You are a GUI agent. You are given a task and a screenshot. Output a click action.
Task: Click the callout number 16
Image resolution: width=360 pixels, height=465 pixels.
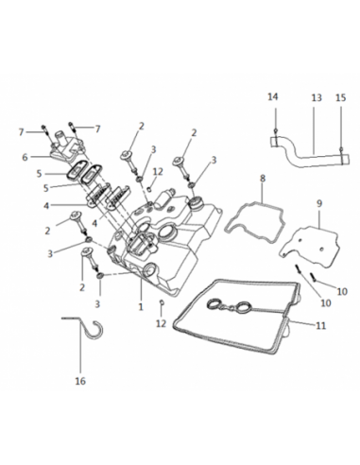tap(80, 381)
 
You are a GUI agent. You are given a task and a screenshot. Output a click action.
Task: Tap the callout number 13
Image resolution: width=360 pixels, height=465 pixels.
tap(317, 97)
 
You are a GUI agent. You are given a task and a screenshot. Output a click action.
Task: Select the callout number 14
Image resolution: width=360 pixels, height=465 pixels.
tap(273, 96)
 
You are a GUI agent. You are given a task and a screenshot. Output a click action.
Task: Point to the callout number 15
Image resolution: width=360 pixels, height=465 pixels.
tap(340, 97)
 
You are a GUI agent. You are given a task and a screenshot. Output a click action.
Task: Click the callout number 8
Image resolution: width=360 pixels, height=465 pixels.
tap(263, 179)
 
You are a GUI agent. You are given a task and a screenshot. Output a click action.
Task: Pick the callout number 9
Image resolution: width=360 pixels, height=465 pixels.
tap(319, 203)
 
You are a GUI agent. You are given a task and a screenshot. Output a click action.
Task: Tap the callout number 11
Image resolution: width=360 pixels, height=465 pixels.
tap(320, 325)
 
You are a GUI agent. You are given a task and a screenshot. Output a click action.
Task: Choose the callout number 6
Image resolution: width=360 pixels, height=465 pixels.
tap(25, 157)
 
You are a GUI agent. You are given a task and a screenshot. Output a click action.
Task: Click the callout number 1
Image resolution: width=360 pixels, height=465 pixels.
tap(141, 306)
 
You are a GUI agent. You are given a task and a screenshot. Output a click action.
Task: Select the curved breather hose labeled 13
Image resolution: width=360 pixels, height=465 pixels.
tap(310, 153)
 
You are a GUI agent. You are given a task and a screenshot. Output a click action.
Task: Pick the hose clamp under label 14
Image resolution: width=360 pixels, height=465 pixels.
tap(276, 142)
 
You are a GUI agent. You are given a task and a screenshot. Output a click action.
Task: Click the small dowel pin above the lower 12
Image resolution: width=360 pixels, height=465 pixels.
tap(162, 302)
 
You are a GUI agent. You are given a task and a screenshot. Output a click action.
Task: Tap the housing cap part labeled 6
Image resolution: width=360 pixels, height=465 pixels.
tap(67, 146)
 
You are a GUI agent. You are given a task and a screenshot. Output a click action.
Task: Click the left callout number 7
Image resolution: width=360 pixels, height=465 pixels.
tap(21, 132)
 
